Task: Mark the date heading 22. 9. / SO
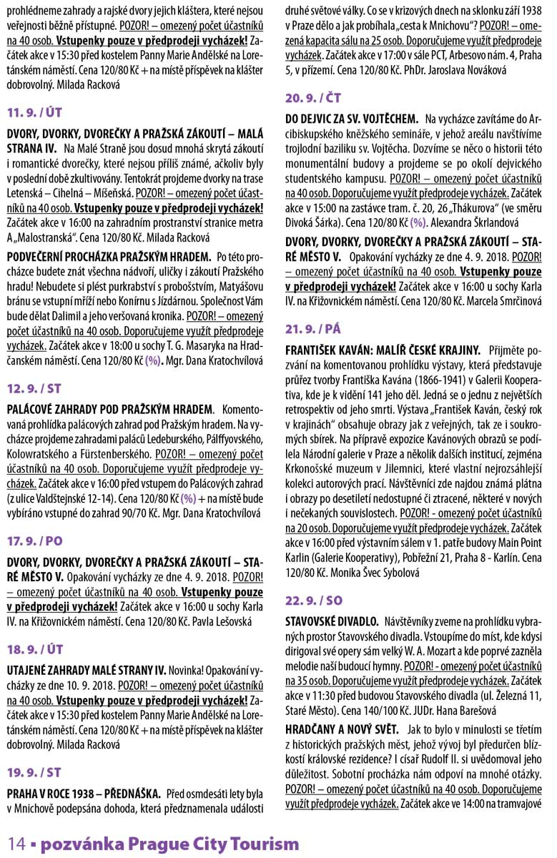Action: pyautogui.click(x=314, y=598)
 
